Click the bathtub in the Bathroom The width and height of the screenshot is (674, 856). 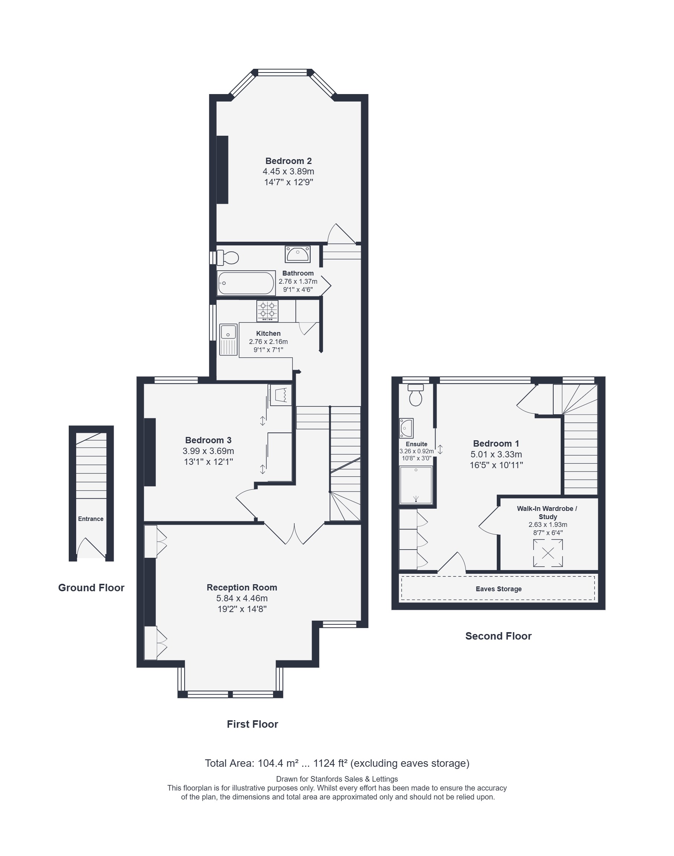coord(246,283)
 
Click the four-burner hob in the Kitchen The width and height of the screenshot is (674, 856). coord(267,311)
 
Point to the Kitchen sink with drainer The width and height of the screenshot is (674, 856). coord(228,339)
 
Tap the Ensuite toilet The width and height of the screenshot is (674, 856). coord(415,395)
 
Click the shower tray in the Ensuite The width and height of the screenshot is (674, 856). coord(416,485)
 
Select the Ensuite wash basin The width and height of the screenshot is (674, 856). coord(406,428)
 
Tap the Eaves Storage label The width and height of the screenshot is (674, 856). coord(498,589)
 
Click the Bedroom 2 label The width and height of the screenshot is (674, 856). coord(288,161)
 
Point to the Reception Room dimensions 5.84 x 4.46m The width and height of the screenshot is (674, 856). coord(242,598)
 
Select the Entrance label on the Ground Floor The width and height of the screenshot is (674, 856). coord(91,519)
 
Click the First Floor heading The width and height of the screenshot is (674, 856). coord(253,724)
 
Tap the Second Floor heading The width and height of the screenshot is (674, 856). coord(498,636)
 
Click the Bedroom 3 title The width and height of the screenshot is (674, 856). coord(208,440)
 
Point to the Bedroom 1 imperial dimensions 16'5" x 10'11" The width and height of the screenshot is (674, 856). coord(496,465)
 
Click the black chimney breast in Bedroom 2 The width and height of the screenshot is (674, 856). coord(223,170)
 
